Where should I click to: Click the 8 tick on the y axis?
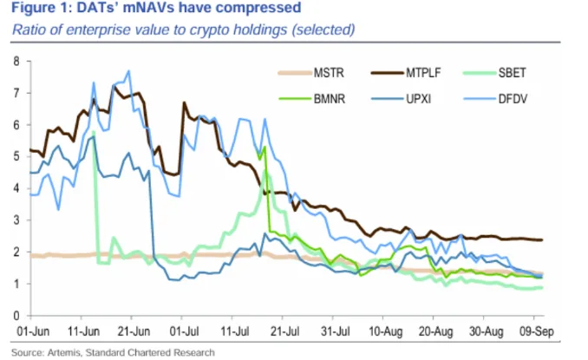click(x=16, y=62)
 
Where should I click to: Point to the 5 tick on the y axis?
click(x=16, y=156)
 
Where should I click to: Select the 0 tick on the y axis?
click(x=16, y=314)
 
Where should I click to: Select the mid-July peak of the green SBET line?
click(x=262, y=148)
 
